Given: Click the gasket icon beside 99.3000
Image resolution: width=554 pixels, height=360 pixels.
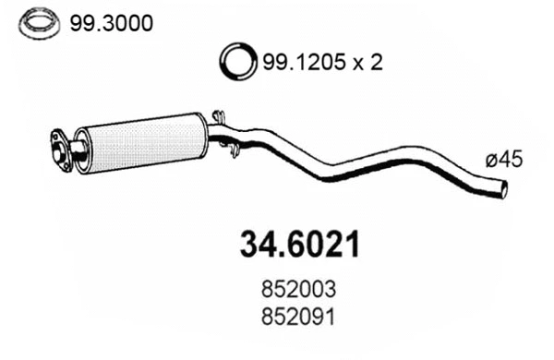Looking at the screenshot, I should pos(36,23).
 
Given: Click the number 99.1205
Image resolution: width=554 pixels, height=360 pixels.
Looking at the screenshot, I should pos(304,63).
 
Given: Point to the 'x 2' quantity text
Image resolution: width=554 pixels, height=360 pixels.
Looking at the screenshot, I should pos(367,63).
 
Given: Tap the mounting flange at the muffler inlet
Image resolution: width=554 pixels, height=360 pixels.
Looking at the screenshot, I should pos(61,148).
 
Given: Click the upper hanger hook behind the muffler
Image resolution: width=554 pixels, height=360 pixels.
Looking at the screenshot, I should pos(219,116).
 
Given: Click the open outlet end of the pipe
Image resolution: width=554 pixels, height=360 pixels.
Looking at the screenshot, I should pos(504,189).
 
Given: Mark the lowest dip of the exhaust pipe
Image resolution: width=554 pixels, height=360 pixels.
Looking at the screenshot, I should pos(323,174).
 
